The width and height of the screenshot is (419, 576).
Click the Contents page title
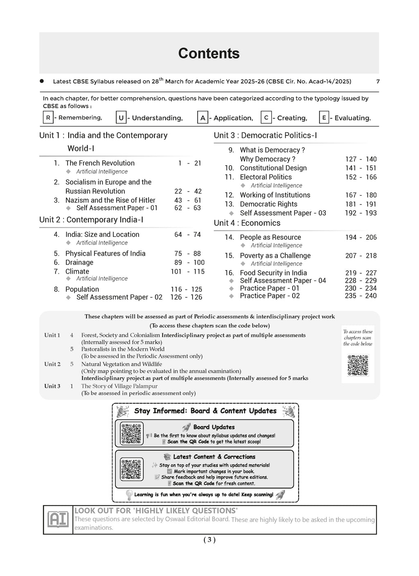(x=209, y=54)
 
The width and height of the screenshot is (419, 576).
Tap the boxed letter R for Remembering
(x=48, y=118)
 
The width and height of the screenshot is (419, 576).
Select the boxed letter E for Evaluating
(x=324, y=118)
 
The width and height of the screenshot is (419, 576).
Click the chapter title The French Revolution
(x=100, y=163)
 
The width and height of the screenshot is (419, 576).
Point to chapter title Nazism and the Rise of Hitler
(x=110, y=200)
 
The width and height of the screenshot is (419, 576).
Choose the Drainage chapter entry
(x=79, y=263)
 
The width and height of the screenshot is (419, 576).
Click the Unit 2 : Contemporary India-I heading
(x=91, y=220)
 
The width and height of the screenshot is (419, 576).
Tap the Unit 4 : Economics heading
(x=247, y=223)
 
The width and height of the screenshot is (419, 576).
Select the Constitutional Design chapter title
(x=273, y=168)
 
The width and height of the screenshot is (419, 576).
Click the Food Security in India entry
(x=273, y=273)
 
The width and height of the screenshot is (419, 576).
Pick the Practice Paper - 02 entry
(x=270, y=296)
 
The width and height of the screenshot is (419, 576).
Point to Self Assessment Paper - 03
(x=283, y=213)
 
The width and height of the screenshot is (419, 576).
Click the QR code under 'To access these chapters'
(x=358, y=365)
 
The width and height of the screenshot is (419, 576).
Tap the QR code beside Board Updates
(x=132, y=434)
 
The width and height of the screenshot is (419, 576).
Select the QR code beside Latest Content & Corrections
(x=132, y=469)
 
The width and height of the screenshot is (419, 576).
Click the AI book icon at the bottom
(x=58, y=520)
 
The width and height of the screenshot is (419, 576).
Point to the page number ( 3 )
(x=209, y=540)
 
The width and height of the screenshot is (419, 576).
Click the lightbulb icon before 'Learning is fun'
(x=129, y=495)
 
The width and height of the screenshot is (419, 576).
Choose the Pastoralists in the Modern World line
(x=123, y=349)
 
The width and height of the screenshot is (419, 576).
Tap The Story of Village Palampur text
(x=119, y=386)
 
